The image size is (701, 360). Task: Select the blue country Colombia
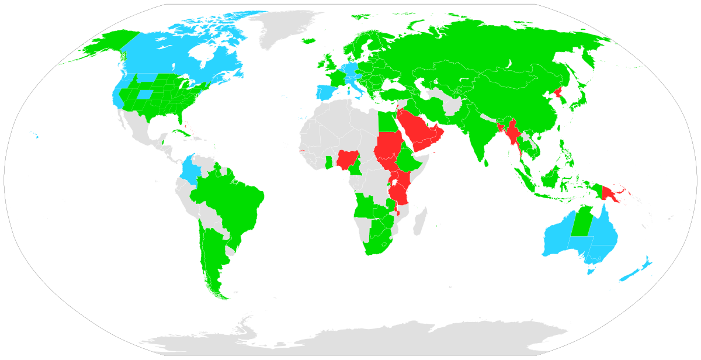pyautogui.click(x=190, y=170)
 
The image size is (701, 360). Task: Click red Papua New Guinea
pyautogui.click(x=611, y=192)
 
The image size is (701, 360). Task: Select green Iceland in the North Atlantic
pyautogui.click(x=309, y=40)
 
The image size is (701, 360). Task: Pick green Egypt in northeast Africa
pyautogui.click(x=385, y=122)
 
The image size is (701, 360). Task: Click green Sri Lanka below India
pyautogui.click(x=486, y=163)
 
